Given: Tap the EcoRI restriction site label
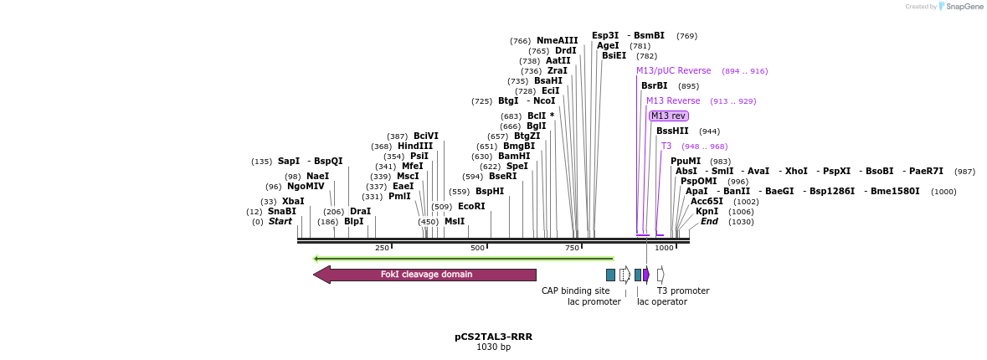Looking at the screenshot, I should click(471, 206).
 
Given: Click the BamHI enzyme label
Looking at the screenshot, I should click(514, 156).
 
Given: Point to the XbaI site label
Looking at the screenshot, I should click(293, 202).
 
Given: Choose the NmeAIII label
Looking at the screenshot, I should click(557, 40).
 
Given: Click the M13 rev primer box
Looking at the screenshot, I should click(668, 116).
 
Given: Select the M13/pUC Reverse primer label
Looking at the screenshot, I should click(673, 71).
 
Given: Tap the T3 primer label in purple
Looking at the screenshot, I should click(666, 147).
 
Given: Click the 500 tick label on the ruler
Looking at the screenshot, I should click(477, 249).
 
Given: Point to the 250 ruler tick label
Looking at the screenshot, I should click(382, 249).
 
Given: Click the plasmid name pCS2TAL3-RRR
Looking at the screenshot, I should click(493, 337).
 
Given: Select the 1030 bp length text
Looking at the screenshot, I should click(493, 347).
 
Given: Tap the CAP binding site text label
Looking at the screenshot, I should click(575, 291).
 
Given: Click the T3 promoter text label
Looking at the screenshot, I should click(682, 291).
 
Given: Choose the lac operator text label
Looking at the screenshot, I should click(661, 302).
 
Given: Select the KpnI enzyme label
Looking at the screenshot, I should click(707, 212).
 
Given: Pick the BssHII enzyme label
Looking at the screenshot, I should click(671, 131).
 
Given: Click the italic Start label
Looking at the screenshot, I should click(280, 222).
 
